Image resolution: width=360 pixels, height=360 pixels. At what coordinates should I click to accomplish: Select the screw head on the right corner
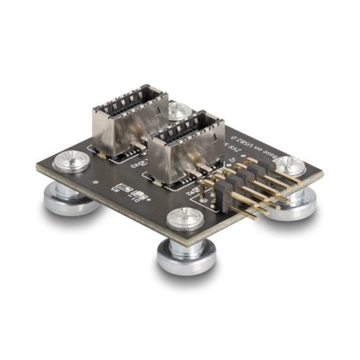(288, 166)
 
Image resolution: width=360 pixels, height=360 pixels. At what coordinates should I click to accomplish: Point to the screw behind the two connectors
(179, 110)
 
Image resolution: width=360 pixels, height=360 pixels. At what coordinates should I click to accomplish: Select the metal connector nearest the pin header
(183, 156)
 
